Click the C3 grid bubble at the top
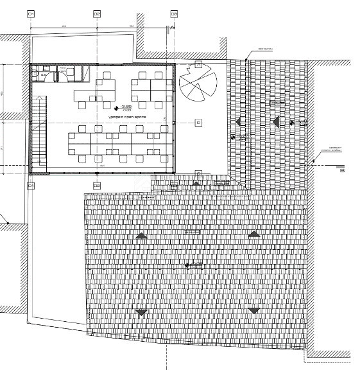(x=173, y=13)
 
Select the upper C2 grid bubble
(x=97, y=13)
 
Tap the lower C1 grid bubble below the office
(x=30, y=186)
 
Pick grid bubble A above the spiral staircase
(x=198, y=65)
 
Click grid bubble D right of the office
(x=198, y=122)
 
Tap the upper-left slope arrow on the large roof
(x=141, y=236)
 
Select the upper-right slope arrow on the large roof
(x=254, y=234)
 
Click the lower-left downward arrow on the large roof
(x=141, y=312)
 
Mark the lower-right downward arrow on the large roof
(x=254, y=311)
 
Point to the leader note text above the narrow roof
(x=265, y=49)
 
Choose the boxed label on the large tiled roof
(x=192, y=231)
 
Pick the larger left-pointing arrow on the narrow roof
(x=277, y=121)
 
